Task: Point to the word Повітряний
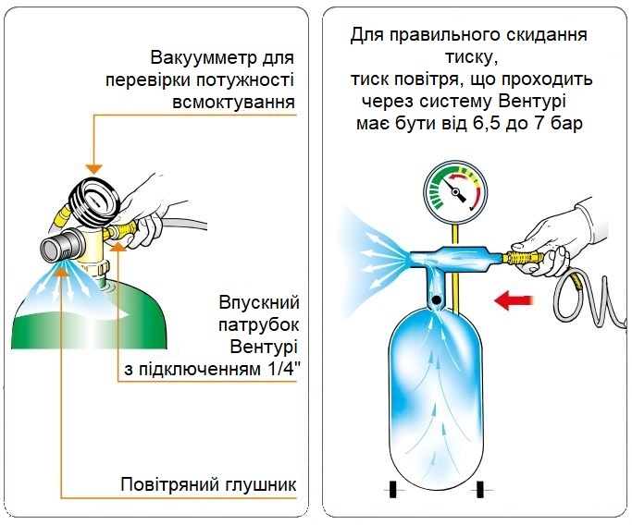click(167, 485)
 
